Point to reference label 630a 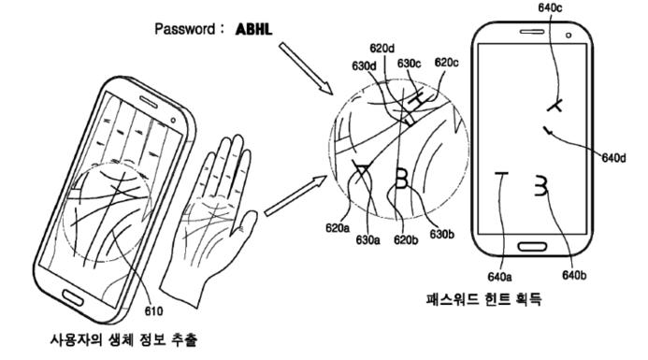coord(370,240)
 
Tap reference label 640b coord(574,274)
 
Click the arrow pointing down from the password coord(305,71)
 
